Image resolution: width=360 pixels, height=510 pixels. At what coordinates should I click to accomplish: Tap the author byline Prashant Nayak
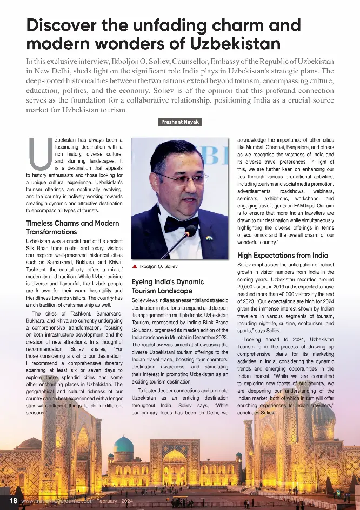click(180, 122)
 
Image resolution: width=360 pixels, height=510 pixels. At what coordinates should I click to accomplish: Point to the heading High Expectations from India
click(283, 256)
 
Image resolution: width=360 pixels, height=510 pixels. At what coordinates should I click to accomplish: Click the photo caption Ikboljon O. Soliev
click(158, 267)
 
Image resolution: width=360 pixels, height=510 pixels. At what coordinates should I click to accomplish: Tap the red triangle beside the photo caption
click(135, 267)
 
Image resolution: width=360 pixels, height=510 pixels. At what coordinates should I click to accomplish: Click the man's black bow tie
click(181, 224)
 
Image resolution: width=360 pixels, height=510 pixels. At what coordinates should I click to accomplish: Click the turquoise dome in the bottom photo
click(123, 445)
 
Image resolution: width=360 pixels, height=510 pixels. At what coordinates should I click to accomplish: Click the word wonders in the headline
click(117, 43)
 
